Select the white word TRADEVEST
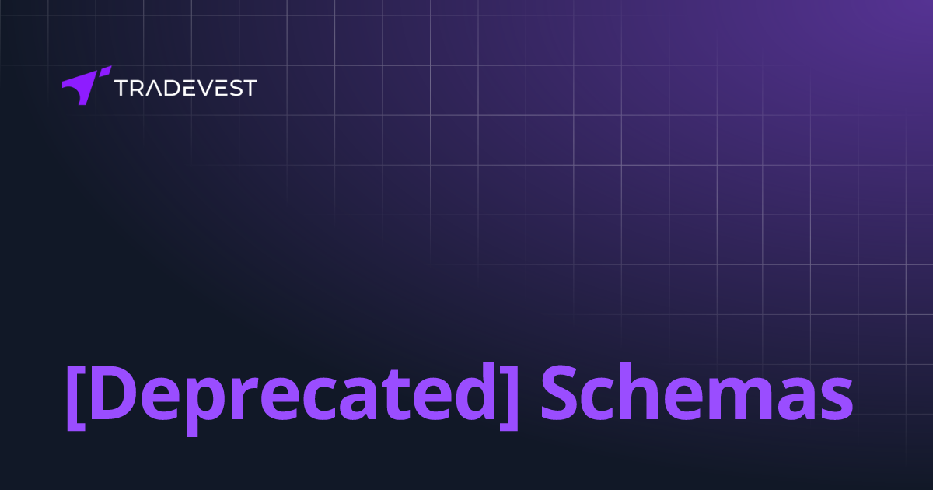pos(185,88)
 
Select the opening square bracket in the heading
pos(75,397)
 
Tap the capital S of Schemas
pos(561,393)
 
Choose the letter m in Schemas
pos(742,398)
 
